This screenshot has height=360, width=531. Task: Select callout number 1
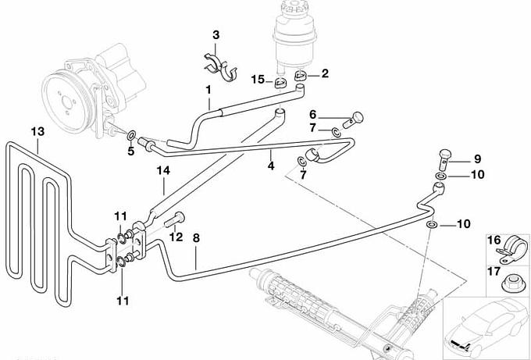(208, 91)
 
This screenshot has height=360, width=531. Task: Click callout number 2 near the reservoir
(324, 74)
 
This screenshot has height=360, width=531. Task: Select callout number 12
(176, 237)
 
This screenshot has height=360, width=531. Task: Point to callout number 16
(494, 242)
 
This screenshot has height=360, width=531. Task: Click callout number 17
(494, 272)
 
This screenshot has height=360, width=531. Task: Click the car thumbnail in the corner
(485, 327)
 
